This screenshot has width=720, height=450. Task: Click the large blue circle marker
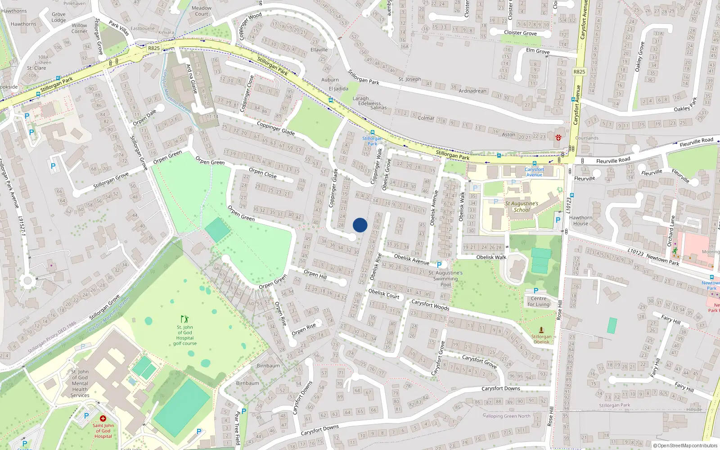pyautogui.click(x=360, y=225)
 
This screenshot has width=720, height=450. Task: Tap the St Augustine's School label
pyautogui.click(x=522, y=207)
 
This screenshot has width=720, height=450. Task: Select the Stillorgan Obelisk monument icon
pyautogui.click(x=541, y=330)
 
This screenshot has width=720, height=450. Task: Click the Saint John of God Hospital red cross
pyautogui.click(x=103, y=418)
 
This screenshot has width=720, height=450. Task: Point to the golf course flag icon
pyautogui.click(x=184, y=319)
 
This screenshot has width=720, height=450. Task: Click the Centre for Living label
pyautogui.click(x=539, y=301)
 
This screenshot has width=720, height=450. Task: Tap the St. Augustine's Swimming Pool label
pyautogui.click(x=445, y=279)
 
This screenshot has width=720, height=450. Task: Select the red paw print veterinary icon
pyautogui.click(x=558, y=138)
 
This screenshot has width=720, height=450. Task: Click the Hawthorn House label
pyautogui.click(x=580, y=220)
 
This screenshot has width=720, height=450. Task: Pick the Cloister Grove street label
pyautogui.click(x=520, y=33)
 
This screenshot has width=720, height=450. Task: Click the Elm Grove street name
pyautogui.click(x=538, y=51)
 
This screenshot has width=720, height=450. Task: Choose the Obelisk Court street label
pyautogui.click(x=383, y=294)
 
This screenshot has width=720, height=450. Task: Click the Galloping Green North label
pyautogui.click(x=506, y=416)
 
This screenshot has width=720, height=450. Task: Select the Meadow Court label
pyautogui.click(x=202, y=11)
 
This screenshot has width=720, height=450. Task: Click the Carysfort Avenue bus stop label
pyautogui.click(x=534, y=172)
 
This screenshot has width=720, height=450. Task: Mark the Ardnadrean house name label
pyautogui.click(x=472, y=91)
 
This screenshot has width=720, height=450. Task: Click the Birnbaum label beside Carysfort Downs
pyautogui.click(x=247, y=383)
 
